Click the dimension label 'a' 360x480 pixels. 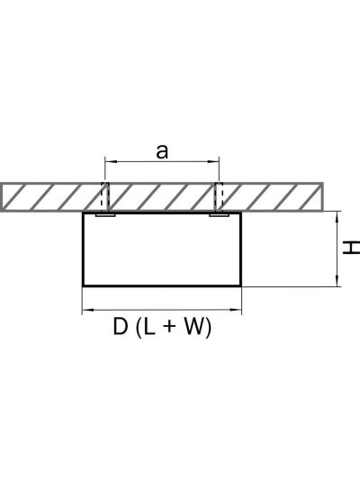[x=162, y=152]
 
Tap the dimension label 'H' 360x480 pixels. [x=351, y=248]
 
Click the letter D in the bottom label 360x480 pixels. [x=121, y=327]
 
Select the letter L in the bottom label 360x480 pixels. [x=149, y=327]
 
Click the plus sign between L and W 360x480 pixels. [x=170, y=327]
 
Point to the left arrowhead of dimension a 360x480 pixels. [x=110, y=161]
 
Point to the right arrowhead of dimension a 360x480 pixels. [x=214, y=161]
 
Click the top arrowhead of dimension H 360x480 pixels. [x=337, y=216]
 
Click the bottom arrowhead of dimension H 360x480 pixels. [x=337, y=282]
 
